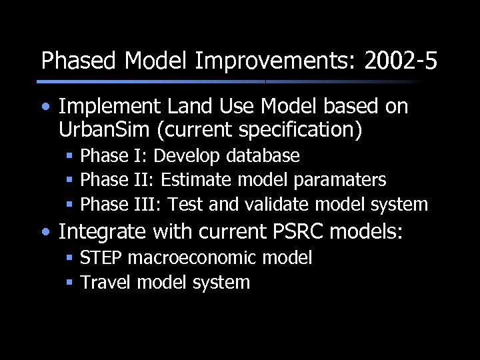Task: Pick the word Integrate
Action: click(x=102, y=232)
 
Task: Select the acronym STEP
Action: click(x=101, y=258)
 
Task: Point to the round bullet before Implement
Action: click(x=45, y=107)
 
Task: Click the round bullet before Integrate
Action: click(x=45, y=233)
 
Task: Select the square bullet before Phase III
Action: click(x=69, y=205)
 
